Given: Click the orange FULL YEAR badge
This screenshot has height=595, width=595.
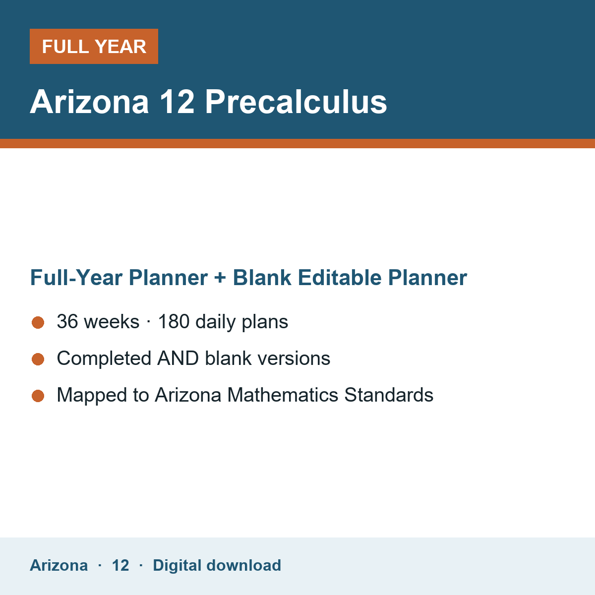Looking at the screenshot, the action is [x=94, y=46].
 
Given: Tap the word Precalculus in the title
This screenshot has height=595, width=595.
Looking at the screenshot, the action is [x=296, y=102].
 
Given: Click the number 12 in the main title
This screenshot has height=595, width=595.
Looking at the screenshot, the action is [x=177, y=102].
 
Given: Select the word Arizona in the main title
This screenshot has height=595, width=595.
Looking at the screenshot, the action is [x=89, y=102].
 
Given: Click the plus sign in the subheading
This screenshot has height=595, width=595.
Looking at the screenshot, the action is [x=220, y=278].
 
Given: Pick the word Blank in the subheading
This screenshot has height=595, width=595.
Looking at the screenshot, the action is [x=262, y=278].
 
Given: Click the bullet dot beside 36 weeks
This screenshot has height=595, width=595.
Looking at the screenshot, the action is [x=38, y=323].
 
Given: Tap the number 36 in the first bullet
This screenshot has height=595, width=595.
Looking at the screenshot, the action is [x=67, y=321].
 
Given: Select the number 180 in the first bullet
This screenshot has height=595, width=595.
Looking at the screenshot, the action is [x=174, y=321].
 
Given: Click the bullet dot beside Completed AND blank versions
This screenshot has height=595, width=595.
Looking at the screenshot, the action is [x=38, y=359].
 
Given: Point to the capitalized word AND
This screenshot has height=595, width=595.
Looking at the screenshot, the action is [x=178, y=358].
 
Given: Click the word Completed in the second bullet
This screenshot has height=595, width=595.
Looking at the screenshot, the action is [x=104, y=358].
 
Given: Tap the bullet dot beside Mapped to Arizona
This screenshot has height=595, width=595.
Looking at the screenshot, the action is [x=38, y=396].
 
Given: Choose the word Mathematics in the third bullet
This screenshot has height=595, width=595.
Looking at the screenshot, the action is [x=283, y=395].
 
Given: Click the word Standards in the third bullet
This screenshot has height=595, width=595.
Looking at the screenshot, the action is [x=389, y=395].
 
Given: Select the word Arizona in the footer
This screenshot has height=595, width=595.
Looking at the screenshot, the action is [x=59, y=565].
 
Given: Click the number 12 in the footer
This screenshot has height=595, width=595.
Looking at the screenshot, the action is [x=120, y=565].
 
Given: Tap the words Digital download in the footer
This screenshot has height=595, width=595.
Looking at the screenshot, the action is [x=217, y=565].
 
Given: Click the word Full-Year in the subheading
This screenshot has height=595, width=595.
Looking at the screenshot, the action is [x=76, y=278].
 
